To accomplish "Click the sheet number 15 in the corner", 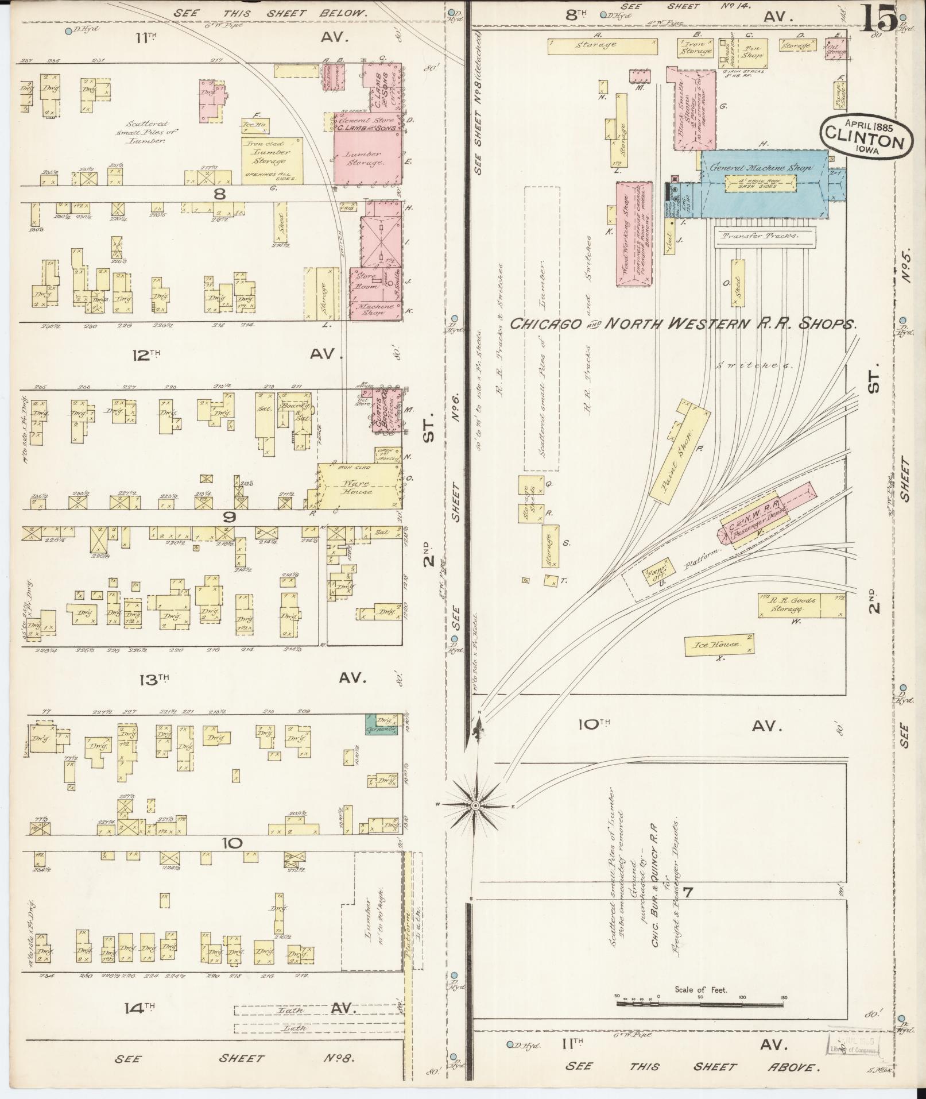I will (x=878, y=18).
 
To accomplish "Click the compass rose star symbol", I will (x=476, y=806).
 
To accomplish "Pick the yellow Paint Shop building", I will (x=680, y=452).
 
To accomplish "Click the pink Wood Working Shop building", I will (x=634, y=233).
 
